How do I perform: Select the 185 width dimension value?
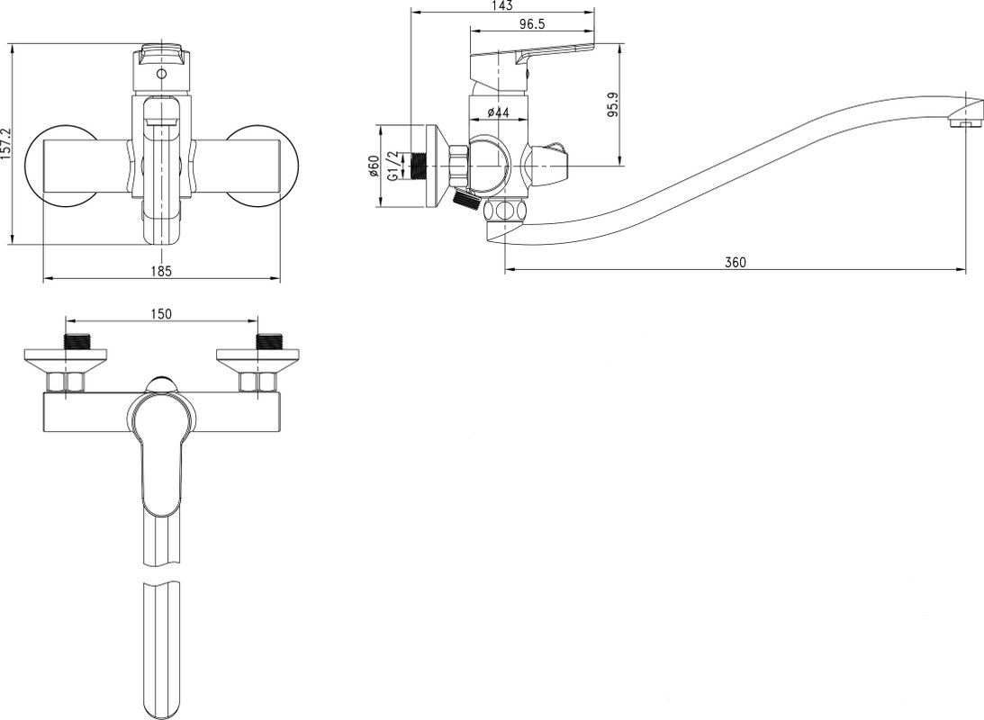tap(161, 271)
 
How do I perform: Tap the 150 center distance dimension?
tap(162, 313)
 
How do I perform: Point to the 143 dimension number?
tap(502, 5)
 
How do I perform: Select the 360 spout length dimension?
tap(736, 262)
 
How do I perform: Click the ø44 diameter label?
tap(498, 112)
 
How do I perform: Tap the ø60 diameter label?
tap(374, 166)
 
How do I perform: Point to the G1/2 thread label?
tap(393, 166)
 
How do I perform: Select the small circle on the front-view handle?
tap(162, 74)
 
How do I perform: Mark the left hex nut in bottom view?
tap(66, 382)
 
